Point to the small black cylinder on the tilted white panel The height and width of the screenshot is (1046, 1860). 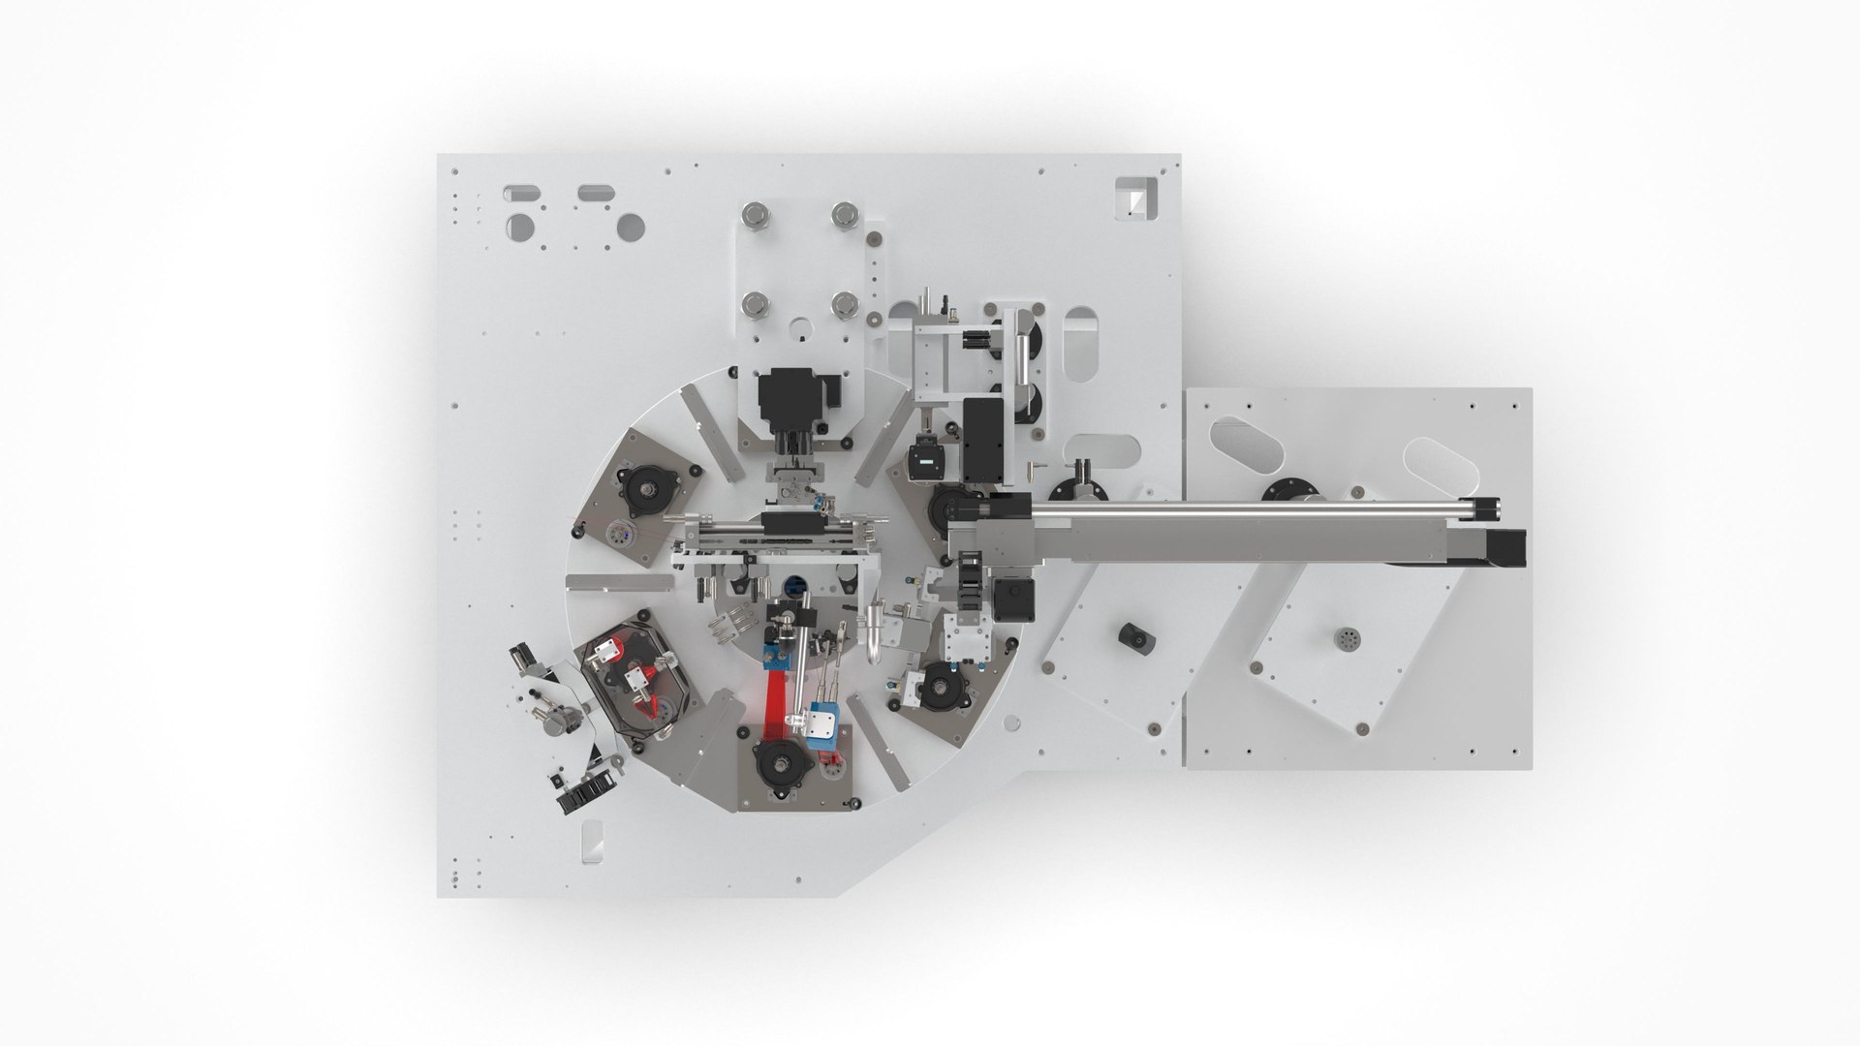click(1132, 637)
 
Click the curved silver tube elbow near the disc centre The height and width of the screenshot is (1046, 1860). click(873, 631)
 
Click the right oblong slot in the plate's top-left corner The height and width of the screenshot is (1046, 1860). click(591, 193)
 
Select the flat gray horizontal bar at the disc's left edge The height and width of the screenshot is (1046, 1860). click(618, 582)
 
